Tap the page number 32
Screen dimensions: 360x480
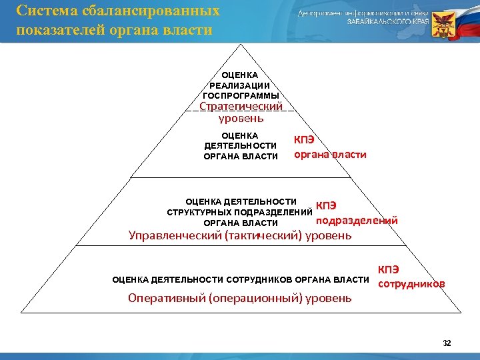point(447,343)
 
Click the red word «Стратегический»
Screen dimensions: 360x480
point(241,107)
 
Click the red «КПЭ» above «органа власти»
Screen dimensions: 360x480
point(305,141)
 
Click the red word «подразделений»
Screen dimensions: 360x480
point(356,220)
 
